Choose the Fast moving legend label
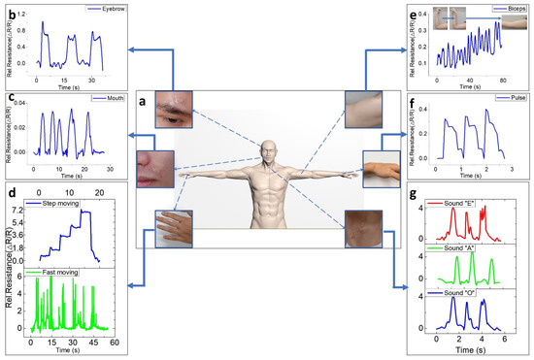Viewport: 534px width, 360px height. (x=68, y=274)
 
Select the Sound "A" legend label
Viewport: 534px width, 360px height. (x=456, y=249)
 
